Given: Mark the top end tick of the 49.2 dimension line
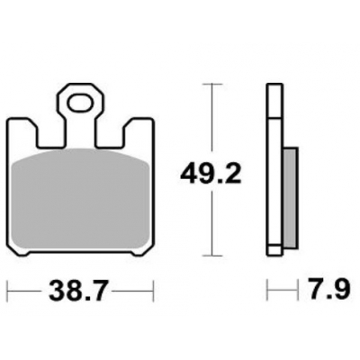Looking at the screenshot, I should point(211,84).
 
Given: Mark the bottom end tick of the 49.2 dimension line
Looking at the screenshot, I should point(211,255).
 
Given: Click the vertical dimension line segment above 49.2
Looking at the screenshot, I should point(211,117).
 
